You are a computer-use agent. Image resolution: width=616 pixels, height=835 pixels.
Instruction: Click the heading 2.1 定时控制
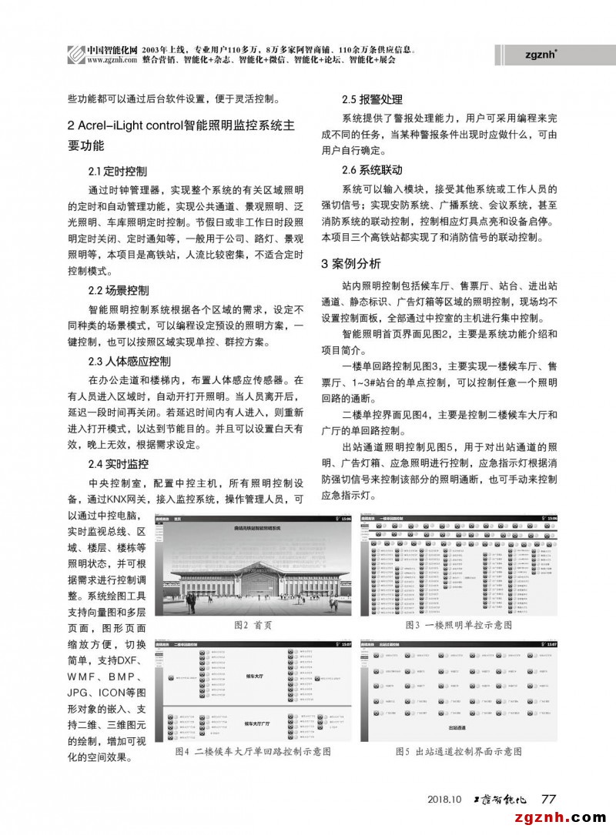point(118,171)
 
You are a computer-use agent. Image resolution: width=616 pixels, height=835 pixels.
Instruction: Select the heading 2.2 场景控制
point(119,291)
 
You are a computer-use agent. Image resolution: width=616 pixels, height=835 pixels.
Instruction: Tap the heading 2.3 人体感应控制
point(129,361)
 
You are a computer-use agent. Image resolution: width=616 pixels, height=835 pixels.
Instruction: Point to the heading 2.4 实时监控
point(119,464)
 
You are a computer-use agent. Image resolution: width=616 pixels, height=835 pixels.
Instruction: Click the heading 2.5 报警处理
point(372,100)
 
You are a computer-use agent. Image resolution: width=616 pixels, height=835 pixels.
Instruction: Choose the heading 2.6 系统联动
point(372,169)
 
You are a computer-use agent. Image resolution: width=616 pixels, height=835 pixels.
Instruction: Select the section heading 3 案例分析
point(351,264)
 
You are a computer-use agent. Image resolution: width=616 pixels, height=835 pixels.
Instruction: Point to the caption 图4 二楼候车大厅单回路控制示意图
point(253,750)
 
